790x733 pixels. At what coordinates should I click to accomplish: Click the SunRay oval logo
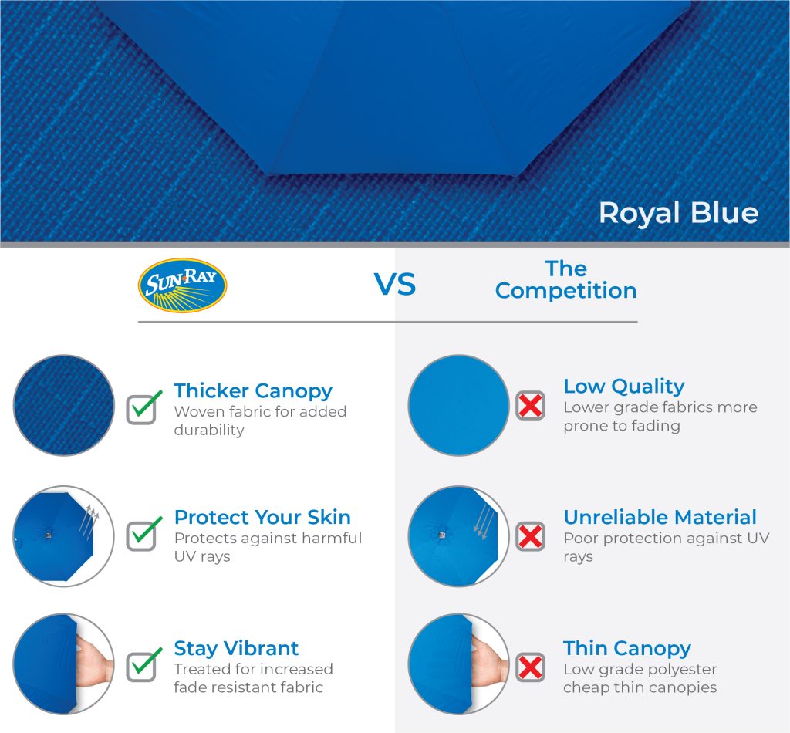point(182,285)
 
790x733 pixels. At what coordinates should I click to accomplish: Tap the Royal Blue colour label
point(678,213)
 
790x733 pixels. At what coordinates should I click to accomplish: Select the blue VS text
point(395,284)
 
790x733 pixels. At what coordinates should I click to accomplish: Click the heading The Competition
point(565,279)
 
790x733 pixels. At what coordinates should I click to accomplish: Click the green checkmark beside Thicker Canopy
point(144,407)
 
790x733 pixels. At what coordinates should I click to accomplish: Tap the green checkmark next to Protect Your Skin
point(144,533)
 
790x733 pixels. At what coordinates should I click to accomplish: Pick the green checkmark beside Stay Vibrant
point(144,664)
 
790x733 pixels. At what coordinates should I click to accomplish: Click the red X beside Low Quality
point(531,406)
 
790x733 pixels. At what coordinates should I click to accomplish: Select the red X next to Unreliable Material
point(531,536)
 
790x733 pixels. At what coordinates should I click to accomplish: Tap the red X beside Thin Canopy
point(531,667)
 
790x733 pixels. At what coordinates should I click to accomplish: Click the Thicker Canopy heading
point(253,391)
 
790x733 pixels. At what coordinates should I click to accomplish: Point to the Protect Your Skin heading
point(262,518)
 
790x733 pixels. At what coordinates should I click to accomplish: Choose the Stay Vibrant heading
point(236,648)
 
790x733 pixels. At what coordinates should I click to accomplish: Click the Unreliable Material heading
point(660,518)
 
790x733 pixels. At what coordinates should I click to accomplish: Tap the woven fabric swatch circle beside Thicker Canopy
point(64,406)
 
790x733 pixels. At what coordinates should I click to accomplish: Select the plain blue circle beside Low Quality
point(458,406)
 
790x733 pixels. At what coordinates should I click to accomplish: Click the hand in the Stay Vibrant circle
point(94,660)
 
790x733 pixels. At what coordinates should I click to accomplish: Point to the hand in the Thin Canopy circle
point(489,660)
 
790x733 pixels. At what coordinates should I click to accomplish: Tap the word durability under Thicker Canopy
point(209,430)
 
